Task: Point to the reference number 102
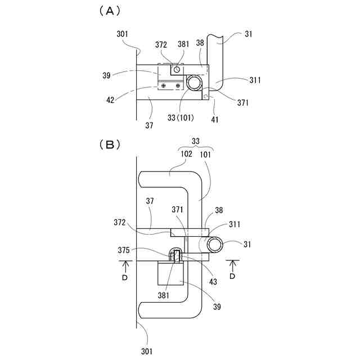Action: click(187, 154)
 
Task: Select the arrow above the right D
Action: click(233, 265)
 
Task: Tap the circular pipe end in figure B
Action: click(215, 245)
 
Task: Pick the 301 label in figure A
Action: click(123, 35)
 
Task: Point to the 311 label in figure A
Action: click(255, 80)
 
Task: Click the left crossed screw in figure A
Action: click(164, 85)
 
